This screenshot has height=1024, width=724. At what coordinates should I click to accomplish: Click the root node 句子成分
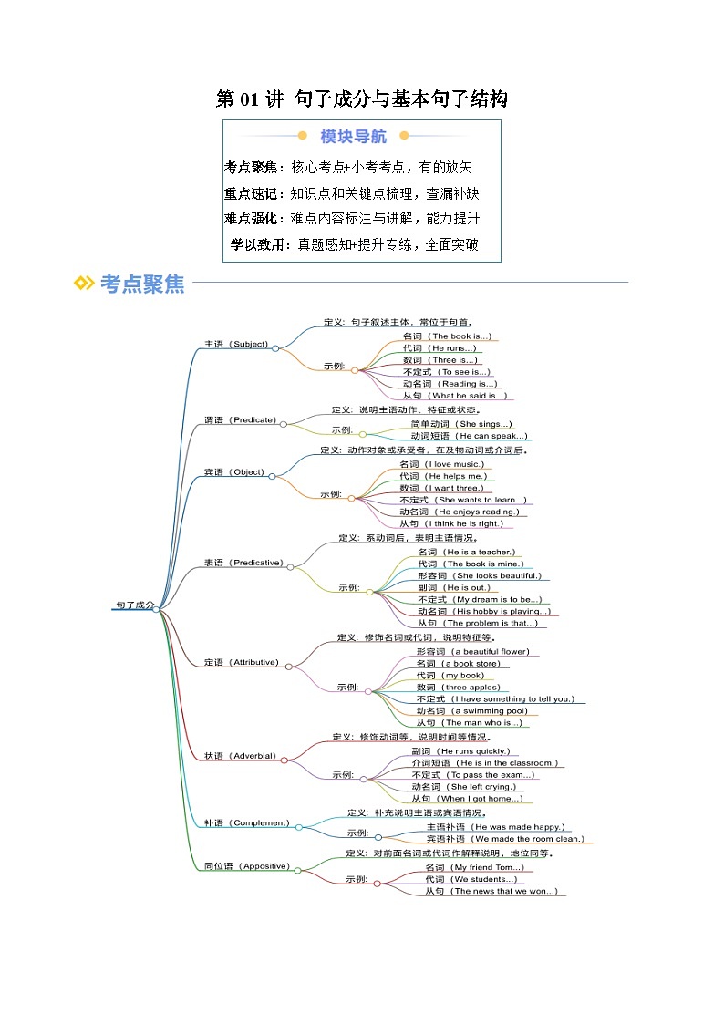[135, 605]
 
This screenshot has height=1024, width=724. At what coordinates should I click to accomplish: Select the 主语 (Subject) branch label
[235, 344]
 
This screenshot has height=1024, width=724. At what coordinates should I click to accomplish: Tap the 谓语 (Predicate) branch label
[240, 420]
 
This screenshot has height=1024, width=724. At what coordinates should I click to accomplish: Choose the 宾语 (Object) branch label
[234, 472]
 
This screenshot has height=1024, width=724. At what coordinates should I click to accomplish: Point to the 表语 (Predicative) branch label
[243, 563]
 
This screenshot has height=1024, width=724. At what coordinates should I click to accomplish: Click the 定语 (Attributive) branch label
[241, 662]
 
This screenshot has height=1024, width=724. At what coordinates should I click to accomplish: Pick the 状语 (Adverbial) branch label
[239, 756]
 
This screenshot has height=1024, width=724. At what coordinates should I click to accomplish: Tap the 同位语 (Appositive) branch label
[246, 866]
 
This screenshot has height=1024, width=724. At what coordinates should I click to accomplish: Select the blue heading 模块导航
[353, 137]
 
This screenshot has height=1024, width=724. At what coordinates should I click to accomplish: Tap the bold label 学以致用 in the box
[256, 244]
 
